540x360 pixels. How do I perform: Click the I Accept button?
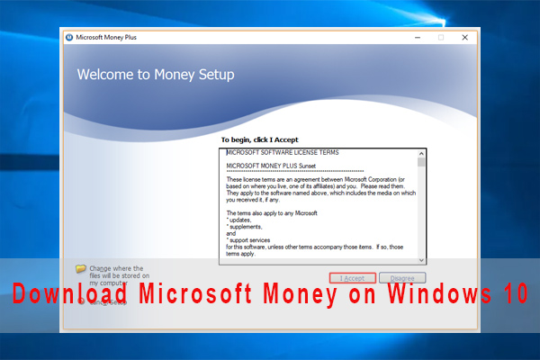click(352, 278)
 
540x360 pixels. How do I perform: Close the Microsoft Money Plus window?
click(464, 38)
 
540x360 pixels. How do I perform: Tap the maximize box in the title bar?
click(441, 38)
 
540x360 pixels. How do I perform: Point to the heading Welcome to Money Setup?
click(156, 75)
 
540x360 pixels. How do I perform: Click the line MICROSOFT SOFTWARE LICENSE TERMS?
click(283, 153)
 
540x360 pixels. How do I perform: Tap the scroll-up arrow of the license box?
click(421, 154)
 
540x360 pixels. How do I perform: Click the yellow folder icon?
click(81, 268)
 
